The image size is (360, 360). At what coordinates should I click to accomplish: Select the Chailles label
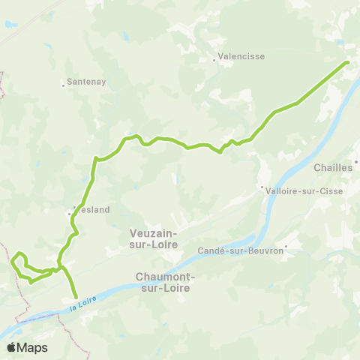click(334, 168)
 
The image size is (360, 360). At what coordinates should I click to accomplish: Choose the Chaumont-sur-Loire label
click(166, 281)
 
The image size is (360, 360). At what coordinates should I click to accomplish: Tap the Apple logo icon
click(13, 347)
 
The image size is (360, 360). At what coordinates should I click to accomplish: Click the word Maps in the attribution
click(33, 347)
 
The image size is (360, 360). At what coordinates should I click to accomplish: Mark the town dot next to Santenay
click(64, 85)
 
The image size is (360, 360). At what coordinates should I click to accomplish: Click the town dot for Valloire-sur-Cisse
click(261, 187)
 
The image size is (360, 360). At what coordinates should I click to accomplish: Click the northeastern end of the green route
click(348, 62)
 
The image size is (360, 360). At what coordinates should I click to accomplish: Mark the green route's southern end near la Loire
click(76, 297)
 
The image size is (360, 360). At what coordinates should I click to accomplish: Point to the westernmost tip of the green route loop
click(11, 261)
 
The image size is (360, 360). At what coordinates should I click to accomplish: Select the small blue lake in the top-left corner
click(8, 24)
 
